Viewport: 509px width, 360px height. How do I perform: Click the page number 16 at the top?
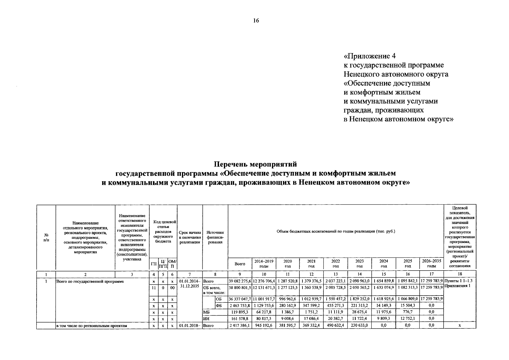click(256, 21)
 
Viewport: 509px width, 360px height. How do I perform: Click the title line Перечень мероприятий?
click(255, 164)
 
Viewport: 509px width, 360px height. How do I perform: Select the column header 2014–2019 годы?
click(264, 263)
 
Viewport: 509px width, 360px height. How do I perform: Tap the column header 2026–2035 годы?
click(431, 263)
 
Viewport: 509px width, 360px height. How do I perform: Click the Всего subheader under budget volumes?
click(240, 264)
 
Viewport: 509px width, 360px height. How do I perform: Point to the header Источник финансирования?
click(215, 237)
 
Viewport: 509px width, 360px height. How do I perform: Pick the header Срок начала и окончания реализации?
click(190, 237)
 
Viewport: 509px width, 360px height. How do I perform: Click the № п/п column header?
click(46, 237)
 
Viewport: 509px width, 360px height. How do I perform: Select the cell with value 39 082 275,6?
click(240, 281)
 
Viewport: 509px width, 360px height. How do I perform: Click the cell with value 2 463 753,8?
click(240, 305)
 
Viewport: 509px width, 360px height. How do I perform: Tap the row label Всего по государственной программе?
click(90, 281)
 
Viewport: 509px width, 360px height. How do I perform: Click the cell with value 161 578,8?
click(240, 319)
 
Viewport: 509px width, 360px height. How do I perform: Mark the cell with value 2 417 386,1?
click(240, 325)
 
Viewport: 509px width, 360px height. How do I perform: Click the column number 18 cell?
click(460, 274)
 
